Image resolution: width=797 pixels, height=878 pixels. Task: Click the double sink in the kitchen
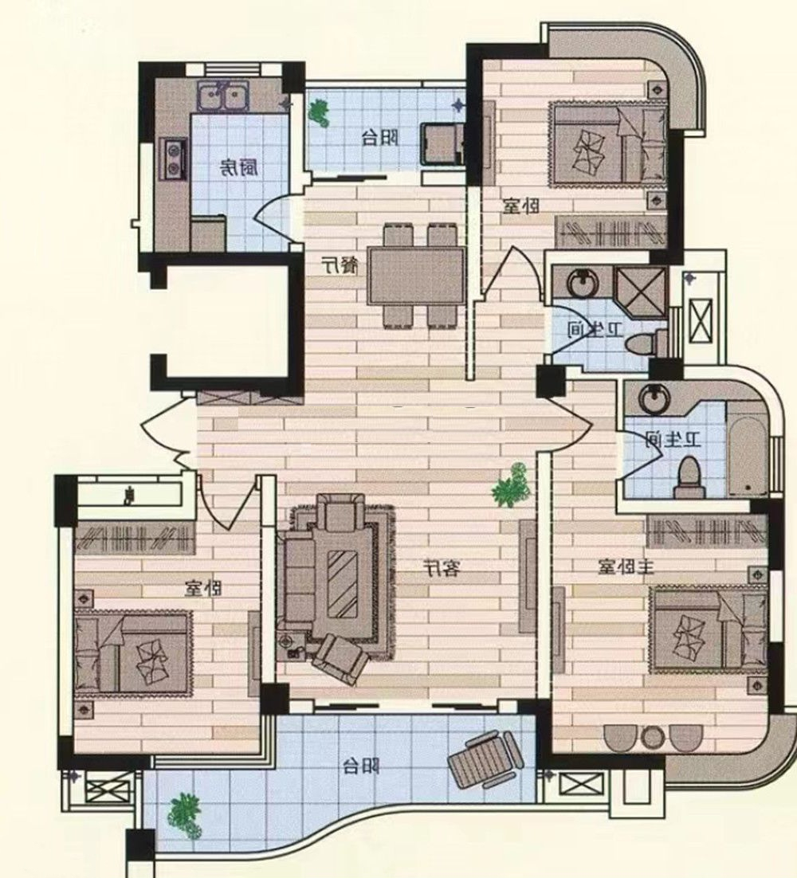[223, 96]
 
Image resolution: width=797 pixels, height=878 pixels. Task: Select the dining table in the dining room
[417, 276]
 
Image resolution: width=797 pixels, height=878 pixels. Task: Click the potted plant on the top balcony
[320, 113]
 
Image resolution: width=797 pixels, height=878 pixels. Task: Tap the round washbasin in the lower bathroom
[654, 399]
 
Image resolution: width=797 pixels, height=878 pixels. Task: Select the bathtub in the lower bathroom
[747, 449]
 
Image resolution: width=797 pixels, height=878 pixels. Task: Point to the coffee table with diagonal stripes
[342, 584]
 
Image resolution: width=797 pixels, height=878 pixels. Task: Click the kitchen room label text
[238, 167]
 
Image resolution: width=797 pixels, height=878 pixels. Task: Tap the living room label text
[442, 569]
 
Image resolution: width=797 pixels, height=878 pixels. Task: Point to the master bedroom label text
[626, 567]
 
